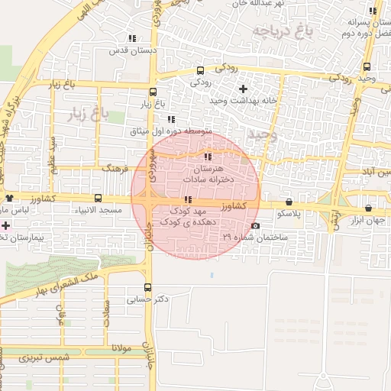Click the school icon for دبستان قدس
click(x=132, y=37)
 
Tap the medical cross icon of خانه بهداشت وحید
click(x=244, y=89)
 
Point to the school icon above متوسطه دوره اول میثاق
click(x=171, y=119)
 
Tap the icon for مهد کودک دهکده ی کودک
click(x=189, y=200)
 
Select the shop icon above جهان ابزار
click(x=368, y=208)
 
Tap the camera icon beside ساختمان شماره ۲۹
click(x=255, y=226)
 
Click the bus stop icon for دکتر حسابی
click(x=148, y=288)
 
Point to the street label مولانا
click(x=122, y=348)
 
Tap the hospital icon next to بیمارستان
click(x=6, y=226)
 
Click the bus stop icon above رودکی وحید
click(x=367, y=66)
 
